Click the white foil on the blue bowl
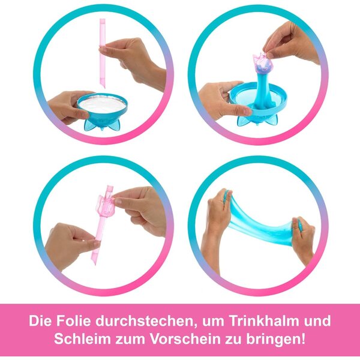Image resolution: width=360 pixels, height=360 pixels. click(103, 104)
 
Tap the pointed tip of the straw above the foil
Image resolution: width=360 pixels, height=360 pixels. click(104, 87)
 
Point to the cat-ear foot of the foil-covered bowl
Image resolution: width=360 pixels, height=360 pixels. click(102, 124)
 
